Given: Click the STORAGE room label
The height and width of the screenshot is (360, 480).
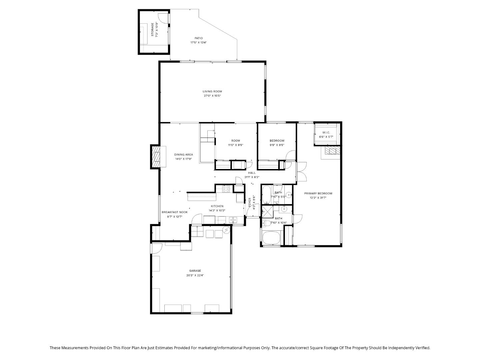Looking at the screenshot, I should point(152,30).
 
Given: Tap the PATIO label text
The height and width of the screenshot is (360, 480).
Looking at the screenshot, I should point(198,38).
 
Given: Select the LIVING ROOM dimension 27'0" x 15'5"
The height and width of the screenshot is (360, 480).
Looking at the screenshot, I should point(212,96).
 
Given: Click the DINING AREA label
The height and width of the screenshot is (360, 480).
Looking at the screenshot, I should point(183,155).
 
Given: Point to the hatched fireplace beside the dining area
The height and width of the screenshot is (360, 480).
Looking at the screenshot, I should point(156,157).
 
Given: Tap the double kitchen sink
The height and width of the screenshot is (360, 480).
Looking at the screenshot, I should point(233,220).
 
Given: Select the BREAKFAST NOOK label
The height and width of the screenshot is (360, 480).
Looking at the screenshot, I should point(174,212).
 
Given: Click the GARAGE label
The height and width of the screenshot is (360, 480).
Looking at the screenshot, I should point(195,271).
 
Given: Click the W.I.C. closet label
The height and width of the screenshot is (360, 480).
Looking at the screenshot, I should point(326,133).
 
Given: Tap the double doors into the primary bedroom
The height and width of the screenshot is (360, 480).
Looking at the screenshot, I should point(301,172).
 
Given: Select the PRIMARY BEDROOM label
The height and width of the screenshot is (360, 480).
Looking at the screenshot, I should point(318,194).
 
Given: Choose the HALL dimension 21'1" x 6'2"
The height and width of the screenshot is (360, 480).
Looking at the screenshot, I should point(252,177).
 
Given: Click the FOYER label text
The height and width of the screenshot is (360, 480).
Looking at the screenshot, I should point(250,203).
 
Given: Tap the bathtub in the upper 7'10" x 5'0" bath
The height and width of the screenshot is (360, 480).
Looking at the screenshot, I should point(266,195).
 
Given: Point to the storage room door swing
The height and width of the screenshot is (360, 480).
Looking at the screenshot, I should point(163,17).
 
